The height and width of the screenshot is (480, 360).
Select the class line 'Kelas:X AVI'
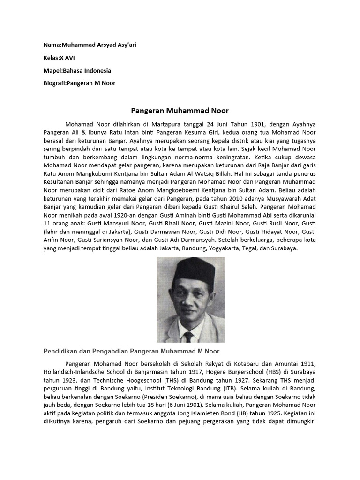click(x=60, y=58)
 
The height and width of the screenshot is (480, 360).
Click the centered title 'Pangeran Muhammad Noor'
click(x=179, y=111)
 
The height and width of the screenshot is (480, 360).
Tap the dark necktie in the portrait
click(x=188, y=337)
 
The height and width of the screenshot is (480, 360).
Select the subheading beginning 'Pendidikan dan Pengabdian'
click(x=131, y=351)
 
